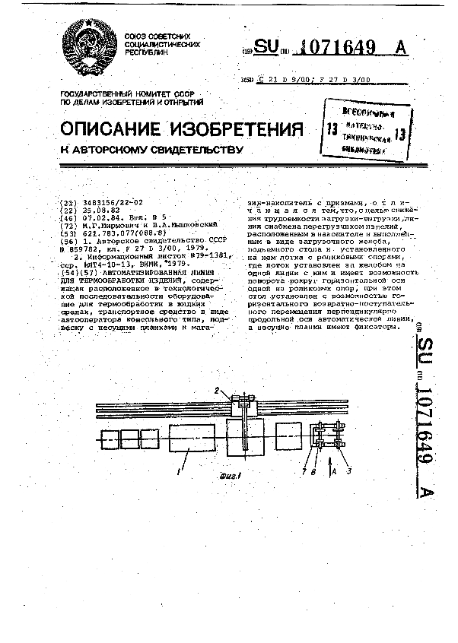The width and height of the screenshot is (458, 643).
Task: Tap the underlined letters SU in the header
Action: click(266, 47)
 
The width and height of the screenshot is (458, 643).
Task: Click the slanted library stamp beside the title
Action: click(361, 131)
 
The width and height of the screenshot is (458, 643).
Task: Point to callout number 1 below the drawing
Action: click(180, 471)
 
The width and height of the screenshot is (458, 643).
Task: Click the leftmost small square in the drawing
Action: click(105, 440)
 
